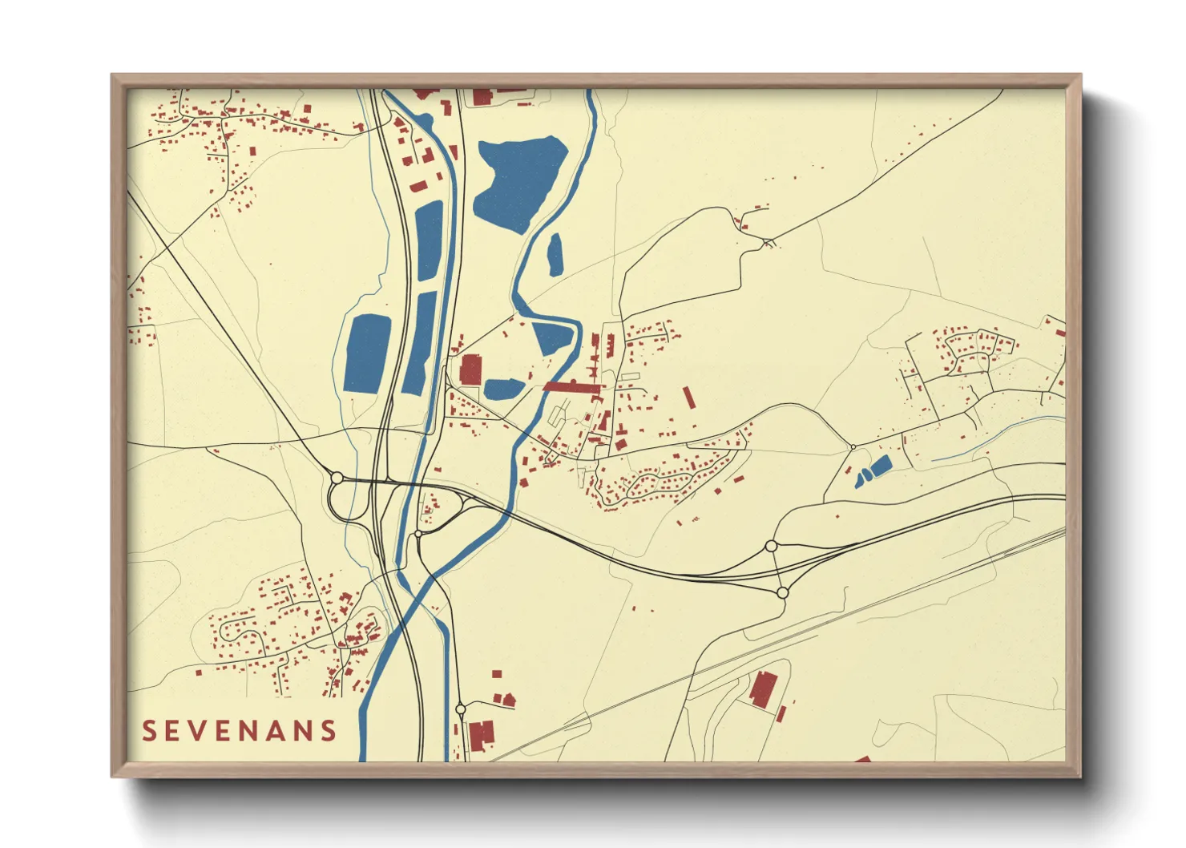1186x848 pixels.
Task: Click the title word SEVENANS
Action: point(240,730)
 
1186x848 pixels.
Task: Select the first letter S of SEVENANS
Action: point(149,730)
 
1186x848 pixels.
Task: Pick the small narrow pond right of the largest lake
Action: point(555,255)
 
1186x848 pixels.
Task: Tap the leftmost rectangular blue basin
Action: point(368,353)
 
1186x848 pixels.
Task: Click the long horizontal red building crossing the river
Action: point(572,386)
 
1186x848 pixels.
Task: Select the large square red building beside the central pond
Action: point(471,369)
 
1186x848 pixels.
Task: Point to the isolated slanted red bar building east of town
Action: point(688,398)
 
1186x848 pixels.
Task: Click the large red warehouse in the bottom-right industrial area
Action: point(761,689)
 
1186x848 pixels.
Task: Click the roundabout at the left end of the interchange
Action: point(337,478)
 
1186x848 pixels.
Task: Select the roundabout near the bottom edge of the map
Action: point(460,709)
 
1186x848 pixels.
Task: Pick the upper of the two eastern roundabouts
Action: point(771,546)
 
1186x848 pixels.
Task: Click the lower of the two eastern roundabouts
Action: point(782,592)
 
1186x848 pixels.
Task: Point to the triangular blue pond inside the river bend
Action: point(552,337)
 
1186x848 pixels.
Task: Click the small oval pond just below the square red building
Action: point(503,390)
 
